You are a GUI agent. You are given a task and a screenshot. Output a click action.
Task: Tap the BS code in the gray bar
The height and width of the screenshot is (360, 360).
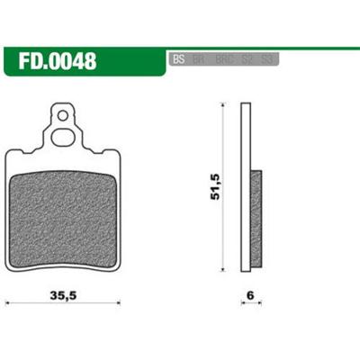[x=177, y=60]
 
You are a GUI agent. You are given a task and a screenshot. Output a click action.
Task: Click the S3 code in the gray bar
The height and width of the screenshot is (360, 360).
[x=265, y=60]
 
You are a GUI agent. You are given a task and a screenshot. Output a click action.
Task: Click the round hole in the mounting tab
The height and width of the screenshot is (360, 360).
[x=63, y=115]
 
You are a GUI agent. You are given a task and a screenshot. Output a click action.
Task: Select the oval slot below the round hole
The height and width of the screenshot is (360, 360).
[x=63, y=137]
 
